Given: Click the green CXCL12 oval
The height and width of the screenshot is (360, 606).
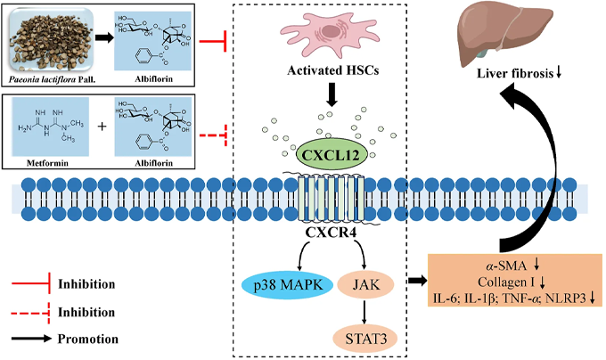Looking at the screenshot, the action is click(329, 155).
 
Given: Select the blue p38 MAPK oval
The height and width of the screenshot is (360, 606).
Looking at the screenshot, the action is click(288, 285).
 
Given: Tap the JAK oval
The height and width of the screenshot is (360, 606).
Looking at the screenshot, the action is click(365, 285).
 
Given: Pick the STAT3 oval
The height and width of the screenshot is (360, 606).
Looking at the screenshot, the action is click(365, 339).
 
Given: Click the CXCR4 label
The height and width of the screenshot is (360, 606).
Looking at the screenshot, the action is click(330, 233).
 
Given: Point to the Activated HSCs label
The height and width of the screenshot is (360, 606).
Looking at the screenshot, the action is click(332, 70).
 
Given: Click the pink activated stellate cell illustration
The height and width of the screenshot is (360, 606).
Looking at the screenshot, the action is click(331, 34).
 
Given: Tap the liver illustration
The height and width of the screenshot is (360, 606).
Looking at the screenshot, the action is click(504, 34).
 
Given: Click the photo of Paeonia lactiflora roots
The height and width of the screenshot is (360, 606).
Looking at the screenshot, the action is click(51, 41).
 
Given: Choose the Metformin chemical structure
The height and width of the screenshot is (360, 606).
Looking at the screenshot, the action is click(51, 127).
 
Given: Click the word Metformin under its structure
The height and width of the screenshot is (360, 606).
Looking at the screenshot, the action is click(47, 163).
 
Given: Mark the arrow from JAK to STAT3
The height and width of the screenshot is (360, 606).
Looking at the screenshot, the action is click(364, 311).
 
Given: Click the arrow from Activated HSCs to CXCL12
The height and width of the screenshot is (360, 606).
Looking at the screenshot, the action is click(332, 94).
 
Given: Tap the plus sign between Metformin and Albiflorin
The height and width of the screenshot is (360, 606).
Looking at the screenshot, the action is click(102, 127).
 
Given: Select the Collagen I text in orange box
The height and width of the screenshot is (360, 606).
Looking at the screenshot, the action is click(506, 282).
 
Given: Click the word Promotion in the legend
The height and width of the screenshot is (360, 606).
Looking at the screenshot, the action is click(88, 339).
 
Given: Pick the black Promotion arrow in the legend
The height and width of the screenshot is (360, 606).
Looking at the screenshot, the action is click(31, 339).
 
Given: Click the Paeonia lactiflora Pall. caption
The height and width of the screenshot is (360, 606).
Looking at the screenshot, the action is click(53, 80).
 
